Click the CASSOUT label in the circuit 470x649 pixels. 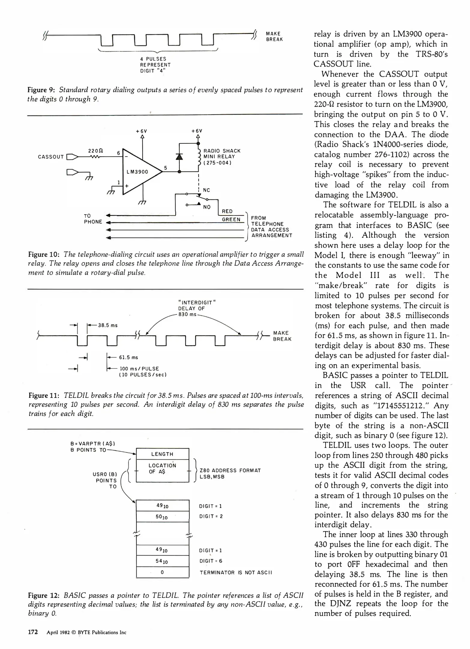(51, 157)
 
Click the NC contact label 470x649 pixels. (206, 190)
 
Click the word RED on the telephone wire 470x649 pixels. (227, 212)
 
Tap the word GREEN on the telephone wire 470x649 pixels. (231, 220)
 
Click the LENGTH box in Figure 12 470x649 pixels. (162, 454)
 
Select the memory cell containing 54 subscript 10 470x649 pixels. (162, 561)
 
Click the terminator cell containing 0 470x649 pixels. (162, 572)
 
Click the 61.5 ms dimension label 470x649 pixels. (129, 357)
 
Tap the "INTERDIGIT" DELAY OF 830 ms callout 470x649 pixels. (197, 308)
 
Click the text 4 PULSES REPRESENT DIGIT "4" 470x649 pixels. (155, 65)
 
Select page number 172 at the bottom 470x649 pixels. (33, 632)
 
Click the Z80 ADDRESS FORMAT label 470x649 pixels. (230, 471)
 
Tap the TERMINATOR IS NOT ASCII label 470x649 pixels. (236, 573)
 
